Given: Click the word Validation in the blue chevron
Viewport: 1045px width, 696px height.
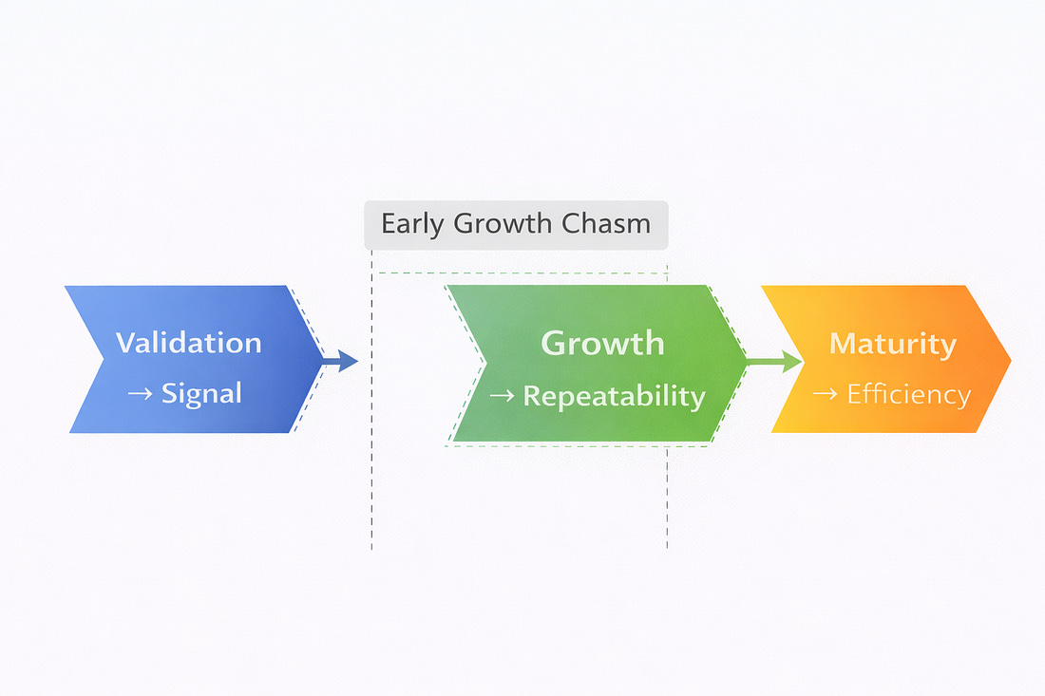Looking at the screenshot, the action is tap(188, 342).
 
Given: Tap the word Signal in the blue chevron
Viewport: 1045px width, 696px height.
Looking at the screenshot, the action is tap(201, 392).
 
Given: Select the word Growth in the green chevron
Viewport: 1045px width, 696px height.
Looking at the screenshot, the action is tap(602, 342).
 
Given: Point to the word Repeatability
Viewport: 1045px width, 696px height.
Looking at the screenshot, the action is tap(614, 395).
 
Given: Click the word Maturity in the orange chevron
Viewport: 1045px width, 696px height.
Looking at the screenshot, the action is tap(892, 343).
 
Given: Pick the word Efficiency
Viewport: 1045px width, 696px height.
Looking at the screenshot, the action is tap(908, 393).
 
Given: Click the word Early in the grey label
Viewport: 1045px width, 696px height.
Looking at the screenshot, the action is tap(413, 224).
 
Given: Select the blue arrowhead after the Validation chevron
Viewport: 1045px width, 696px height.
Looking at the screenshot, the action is tap(348, 361).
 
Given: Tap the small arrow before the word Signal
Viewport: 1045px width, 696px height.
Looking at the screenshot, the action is tap(140, 393).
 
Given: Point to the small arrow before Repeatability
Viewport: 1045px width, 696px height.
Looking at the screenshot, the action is tap(501, 396).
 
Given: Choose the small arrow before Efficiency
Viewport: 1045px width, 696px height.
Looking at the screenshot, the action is tap(829, 394).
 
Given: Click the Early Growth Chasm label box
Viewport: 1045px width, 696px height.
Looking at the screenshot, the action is tap(516, 224).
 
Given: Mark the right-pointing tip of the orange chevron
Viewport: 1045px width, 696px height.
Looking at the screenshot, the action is tap(1009, 360).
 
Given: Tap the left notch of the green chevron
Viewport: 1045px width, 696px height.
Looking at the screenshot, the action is tap(484, 363).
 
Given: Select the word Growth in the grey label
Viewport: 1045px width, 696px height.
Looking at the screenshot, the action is tap(505, 224).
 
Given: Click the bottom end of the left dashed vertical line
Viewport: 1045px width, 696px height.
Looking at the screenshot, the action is tap(371, 548).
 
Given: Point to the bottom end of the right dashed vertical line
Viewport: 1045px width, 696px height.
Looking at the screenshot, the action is tap(667, 548).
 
